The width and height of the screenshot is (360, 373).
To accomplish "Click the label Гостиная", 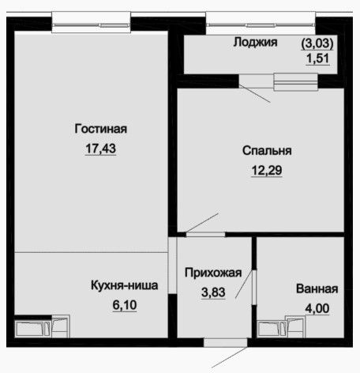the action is point(101,129).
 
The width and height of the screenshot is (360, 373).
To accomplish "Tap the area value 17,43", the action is point(100,149).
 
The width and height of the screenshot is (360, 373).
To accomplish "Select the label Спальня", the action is point(267,151).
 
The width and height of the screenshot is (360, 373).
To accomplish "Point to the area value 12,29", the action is point(267,170).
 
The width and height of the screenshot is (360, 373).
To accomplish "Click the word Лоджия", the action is point(256,42).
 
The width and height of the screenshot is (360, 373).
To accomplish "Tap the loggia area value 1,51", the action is point(317,58).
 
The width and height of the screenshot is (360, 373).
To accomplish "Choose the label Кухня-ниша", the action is point(125,285).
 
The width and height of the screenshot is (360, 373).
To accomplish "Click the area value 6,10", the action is point(125,305).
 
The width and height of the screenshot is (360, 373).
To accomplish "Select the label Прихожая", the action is point(213,273).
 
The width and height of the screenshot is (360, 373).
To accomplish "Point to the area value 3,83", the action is point(213,292).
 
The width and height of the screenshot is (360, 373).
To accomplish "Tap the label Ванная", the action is point(317,288).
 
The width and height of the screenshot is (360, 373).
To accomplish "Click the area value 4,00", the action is point(317,308).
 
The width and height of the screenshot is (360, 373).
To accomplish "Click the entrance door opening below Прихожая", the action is point(226,342).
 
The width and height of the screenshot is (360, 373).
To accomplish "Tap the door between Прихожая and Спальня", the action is point(205,234).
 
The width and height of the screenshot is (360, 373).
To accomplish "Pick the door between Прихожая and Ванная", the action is point(254,288).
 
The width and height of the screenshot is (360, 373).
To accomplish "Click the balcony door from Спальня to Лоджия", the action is point(256,81).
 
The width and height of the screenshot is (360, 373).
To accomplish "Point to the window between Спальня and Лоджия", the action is point(296,82).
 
